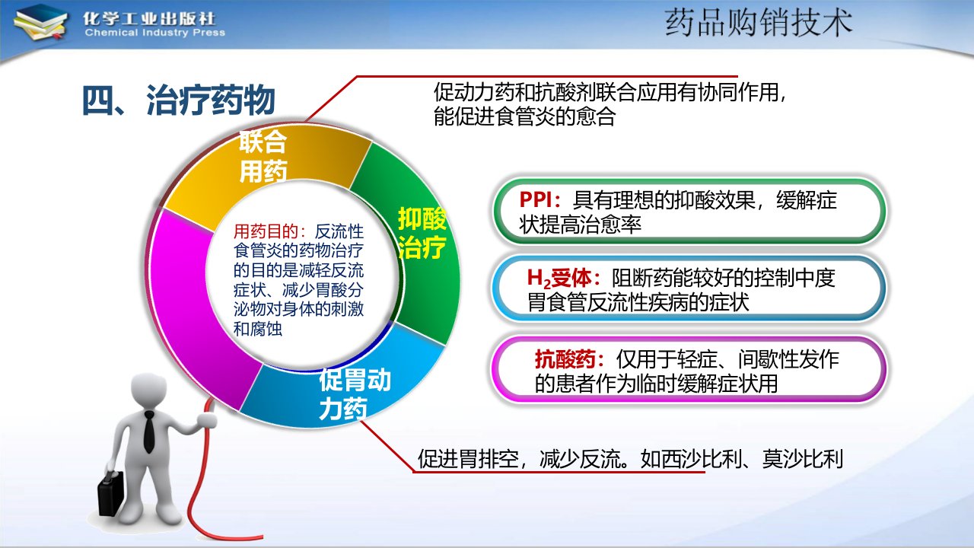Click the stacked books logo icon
pos(40,24)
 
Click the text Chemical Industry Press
pos(155,33)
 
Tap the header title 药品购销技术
pos(759,23)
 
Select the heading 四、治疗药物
pos(178,100)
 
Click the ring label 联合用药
pos(263,157)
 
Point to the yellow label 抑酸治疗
pos(422,233)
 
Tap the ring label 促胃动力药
pos(355,394)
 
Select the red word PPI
pos(536,199)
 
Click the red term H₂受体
pos(559,279)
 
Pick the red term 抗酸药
pos(565,360)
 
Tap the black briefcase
pos(110,495)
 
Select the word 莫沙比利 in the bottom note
pos(803,459)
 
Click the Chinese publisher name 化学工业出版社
pos(149,18)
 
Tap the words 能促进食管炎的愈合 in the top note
pos(524,116)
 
